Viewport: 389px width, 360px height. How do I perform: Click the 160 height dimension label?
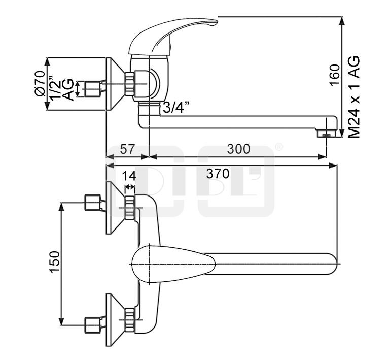tap(334, 76)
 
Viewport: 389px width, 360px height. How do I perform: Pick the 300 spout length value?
tap(238, 149)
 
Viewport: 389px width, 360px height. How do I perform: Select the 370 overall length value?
tap(218, 174)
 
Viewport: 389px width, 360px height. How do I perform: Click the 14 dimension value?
tap(129, 176)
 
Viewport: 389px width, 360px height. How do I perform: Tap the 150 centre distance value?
tap(55, 263)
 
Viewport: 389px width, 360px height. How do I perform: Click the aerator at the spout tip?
tap(325, 134)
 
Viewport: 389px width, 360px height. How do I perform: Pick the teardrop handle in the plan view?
tap(172, 264)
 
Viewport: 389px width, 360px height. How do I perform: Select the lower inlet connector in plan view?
tap(93, 323)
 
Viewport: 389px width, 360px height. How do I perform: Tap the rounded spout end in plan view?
tap(332, 264)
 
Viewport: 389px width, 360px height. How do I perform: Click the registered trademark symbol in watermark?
tap(278, 147)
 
